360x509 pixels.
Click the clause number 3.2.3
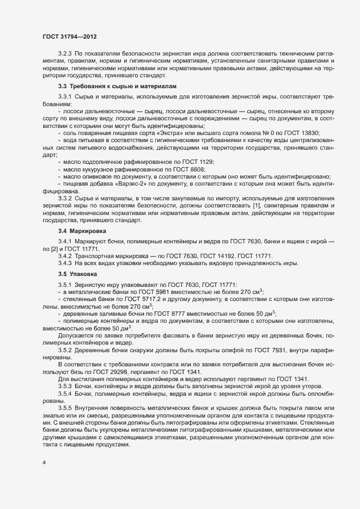click(65, 53)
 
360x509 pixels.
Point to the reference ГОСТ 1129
click(196, 162)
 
